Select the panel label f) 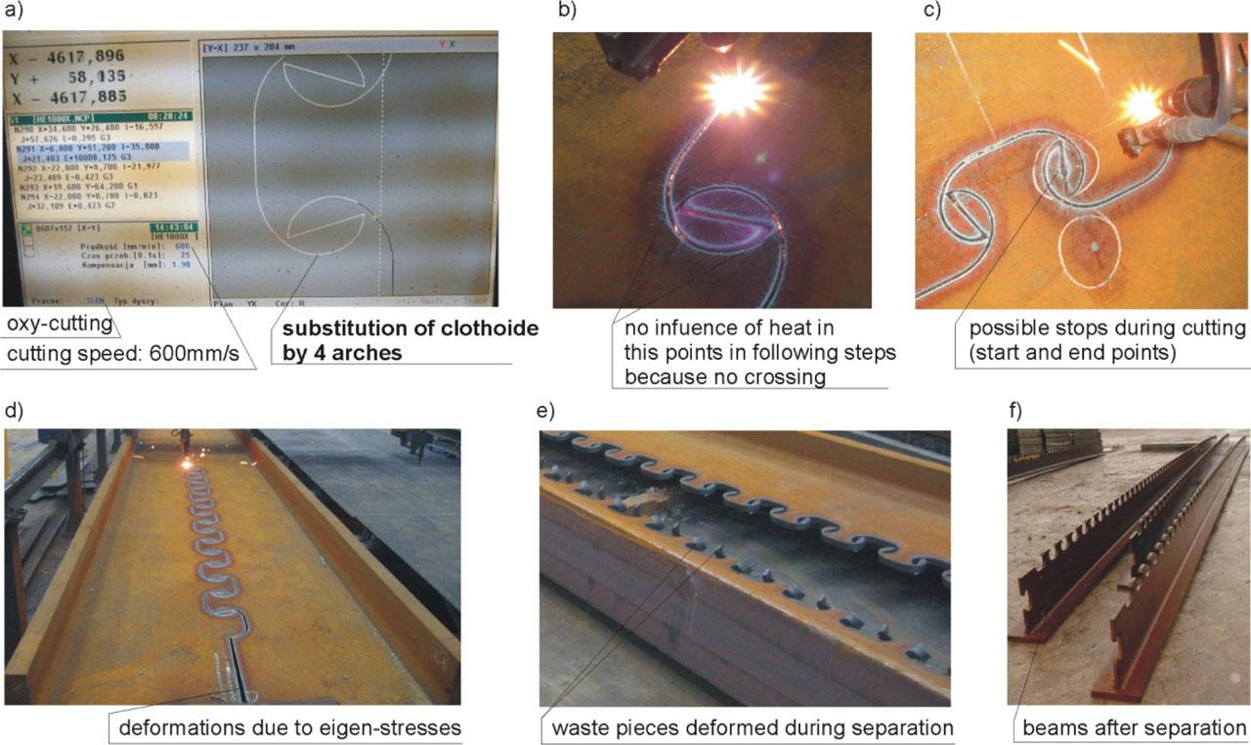pyautogui.click(x=1016, y=408)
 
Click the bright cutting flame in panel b pyautogui.click(x=735, y=92)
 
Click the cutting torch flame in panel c pyautogui.click(x=1142, y=104)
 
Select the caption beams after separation pyautogui.click(x=1134, y=728)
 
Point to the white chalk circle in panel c pyautogui.click(x=1097, y=249)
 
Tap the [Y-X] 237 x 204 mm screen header pyautogui.click(x=250, y=45)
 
